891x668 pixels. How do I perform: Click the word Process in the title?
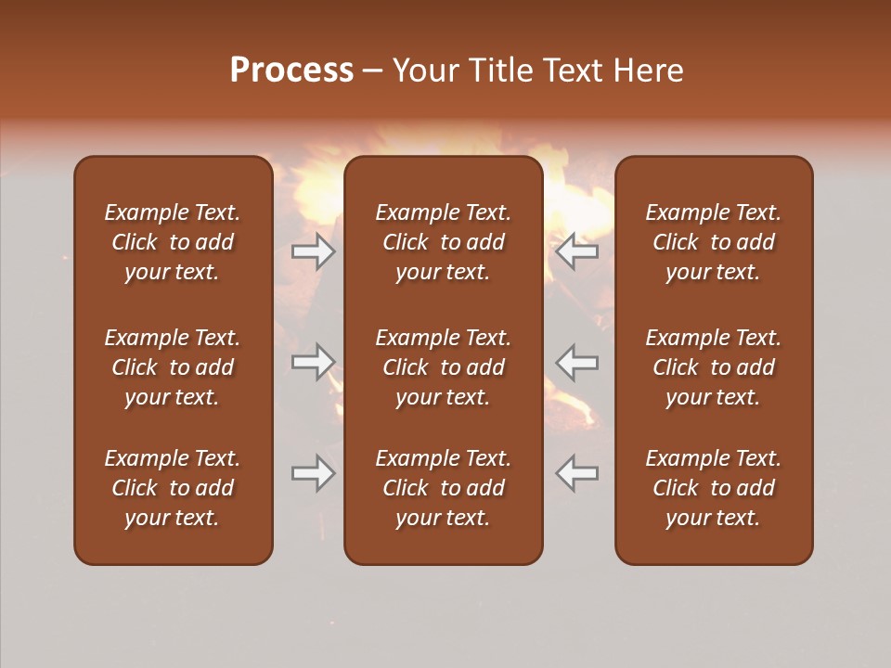coord(291,71)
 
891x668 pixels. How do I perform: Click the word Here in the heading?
coord(649,71)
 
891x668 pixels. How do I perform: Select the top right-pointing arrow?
coord(314,251)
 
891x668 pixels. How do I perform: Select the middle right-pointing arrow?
coord(314,362)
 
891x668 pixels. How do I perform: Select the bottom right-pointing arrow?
coord(314,473)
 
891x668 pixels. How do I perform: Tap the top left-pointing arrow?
coord(577,251)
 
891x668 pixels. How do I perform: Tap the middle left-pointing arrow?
coord(577,362)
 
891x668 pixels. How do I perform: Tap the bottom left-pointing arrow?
coord(577,473)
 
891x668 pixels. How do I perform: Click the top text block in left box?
coord(173,242)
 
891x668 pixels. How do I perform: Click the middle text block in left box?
coord(173,367)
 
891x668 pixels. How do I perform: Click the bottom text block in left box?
coord(173,488)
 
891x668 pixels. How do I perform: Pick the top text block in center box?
coord(444,242)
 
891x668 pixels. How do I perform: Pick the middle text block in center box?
coord(444,367)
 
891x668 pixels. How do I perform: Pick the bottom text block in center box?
coord(444,488)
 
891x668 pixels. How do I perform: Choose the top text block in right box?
coord(714,242)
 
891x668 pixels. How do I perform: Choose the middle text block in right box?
coord(714,367)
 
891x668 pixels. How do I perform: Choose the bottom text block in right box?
coord(714,488)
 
